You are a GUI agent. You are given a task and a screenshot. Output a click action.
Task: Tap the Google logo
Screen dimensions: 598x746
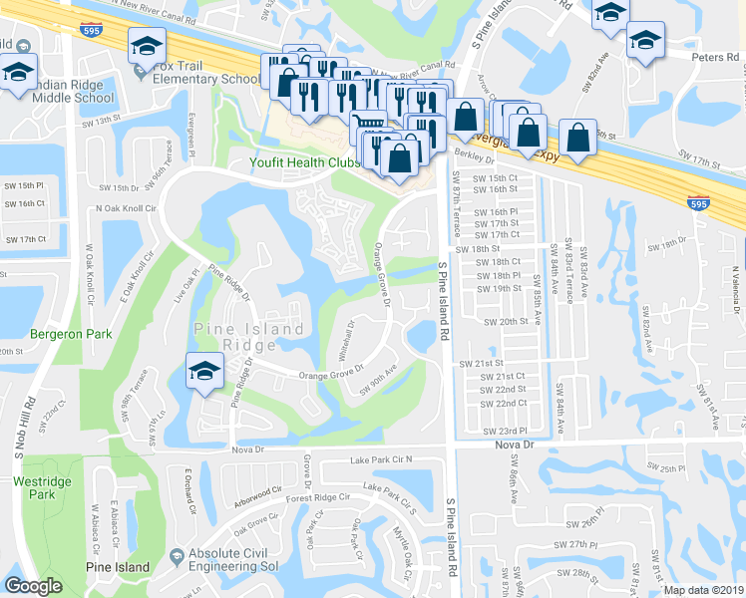(34, 586)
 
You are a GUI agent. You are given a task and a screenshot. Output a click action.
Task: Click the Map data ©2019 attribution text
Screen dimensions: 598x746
(704, 590)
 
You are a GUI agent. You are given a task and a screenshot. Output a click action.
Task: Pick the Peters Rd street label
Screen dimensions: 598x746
(718, 57)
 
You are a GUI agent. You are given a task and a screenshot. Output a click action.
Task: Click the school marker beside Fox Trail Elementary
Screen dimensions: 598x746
(147, 46)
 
